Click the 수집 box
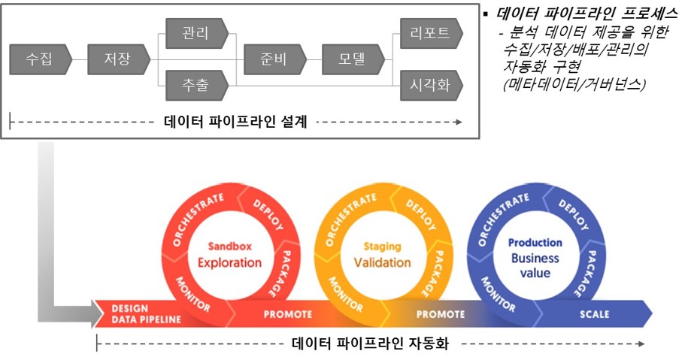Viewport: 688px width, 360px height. pyautogui.click(x=41, y=59)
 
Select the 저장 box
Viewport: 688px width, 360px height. pyautogui.click(x=119, y=59)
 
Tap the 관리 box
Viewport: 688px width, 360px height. pyautogui.click(x=197, y=33)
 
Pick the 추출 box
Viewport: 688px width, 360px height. pyautogui.click(x=197, y=85)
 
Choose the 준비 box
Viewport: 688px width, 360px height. pyautogui.click(x=275, y=59)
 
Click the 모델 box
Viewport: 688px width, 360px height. pyautogui.click(x=353, y=59)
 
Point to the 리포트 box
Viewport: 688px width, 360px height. pyautogui.click(x=432, y=33)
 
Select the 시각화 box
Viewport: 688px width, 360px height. pyautogui.click(x=432, y=85)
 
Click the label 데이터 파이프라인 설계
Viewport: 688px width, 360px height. pyautogui.click(x=235, y=122)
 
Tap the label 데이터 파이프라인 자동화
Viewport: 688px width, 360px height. pyautogui.click(x=371, y=343)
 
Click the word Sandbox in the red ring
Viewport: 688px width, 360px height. pyautogui.click(x=230, y=246)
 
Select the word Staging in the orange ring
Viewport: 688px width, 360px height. pyautogui.click(x=382, y=247)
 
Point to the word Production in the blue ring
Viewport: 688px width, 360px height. pyautogui.click(x=535, y=243)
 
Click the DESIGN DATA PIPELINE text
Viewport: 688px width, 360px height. pyautogui.click(x=146, y=314)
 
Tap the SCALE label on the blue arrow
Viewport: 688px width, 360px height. pyautogui.click(x=595, y=314)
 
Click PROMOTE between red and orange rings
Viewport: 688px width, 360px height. pyautogui.click(x=288, y=314)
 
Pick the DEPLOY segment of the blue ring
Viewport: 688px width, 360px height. pyautogui.click(x=574, y=214)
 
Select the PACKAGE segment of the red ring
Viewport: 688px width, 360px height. pyautogui.click(x=279, y=274)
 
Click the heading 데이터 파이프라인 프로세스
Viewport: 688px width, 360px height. pyautogui.click(x=587, y=14)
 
